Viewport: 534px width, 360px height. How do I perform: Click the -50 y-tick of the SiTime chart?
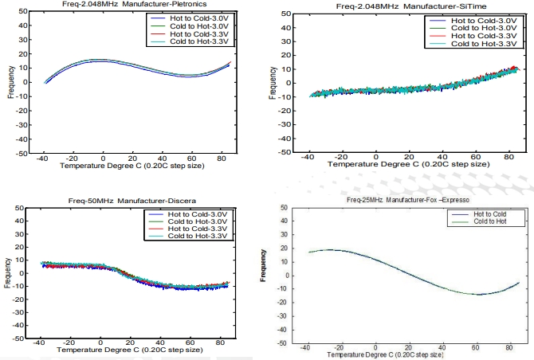pos(287,154)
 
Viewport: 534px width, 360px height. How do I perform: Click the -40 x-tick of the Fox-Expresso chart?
pos(304,348)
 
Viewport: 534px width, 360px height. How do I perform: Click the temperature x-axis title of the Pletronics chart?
pos(128,168)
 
